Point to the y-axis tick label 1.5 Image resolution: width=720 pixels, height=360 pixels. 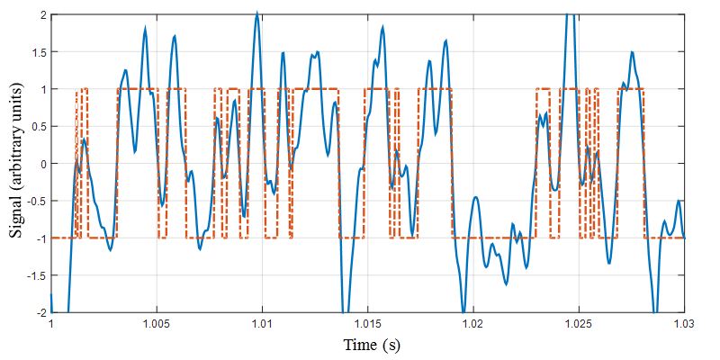pyautogui.click(x=37, y=52)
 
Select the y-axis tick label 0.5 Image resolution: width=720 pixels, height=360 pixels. pyautogui.click(x=37, y=126)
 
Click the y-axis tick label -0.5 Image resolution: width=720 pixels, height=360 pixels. pyautogui.click(x=35, y=201)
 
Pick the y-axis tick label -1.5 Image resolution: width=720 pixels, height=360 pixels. pyautogui.click(x=35, y=275)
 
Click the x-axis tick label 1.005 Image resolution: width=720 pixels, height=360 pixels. pyautogui.click(x=156, y=323)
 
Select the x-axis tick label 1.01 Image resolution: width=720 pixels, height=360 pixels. pyautogui.click(x=262, y=323)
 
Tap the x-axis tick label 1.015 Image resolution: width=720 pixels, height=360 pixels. pyautogui.click(x=367, y=323)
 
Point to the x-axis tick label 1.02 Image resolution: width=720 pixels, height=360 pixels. pyautogui.click(x=472, y=323)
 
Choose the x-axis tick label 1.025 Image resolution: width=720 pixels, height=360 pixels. pyautogui.click(x=578, y=323)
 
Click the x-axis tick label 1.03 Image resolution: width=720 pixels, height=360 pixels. pyautogui.click(x=683, y=323)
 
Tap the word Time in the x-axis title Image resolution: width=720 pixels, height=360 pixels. pyautogui.click(x=360, y=346)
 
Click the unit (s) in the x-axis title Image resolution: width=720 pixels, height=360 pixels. pyautogui.click(x=391, y=346)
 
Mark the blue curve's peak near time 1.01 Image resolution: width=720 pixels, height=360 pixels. pyautogui.click(x=257, y=13)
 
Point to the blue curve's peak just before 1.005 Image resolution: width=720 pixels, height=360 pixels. pyautogui.click(x=145, y=28)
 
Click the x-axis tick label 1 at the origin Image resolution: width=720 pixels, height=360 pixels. pyautogui.click(x=51, y=323)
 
